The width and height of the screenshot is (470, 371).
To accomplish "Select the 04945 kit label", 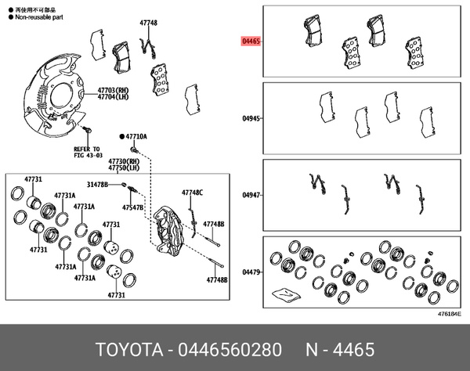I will click(x=250, y=120).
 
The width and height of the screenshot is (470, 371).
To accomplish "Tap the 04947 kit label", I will click(x=250, y=195).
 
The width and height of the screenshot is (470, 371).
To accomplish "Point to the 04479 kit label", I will click(x=250, y=272).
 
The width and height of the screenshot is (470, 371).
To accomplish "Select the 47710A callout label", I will click(x=136, y=136).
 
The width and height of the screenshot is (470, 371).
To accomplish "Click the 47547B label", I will click(x=132, y=208).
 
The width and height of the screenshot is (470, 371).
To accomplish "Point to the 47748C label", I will click(x=192, y=192).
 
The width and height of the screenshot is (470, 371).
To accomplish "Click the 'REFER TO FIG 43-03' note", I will click(x=87, y=152).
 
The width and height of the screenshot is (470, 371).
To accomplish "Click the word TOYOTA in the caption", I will click(x=126, y=348).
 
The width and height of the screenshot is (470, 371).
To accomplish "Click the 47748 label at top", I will click(x=148, y=24).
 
